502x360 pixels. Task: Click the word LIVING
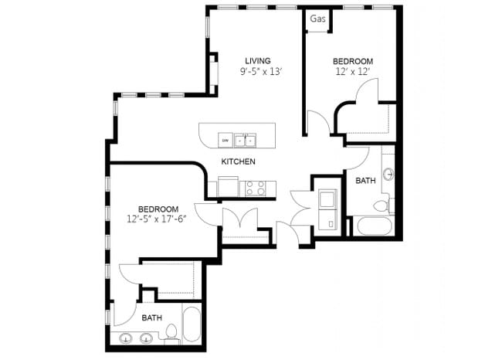click(x=258, y=61)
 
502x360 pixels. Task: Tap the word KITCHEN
click(x=238, y=161)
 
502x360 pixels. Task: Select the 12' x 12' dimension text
click(x=352, y=72)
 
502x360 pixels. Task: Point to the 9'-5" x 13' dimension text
click(x=257, y=72)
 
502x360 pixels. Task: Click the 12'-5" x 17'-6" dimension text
click(x=158, y=219)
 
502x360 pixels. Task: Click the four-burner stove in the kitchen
click(x=256, y=187)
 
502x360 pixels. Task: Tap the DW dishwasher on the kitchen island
click(x=226, y=140)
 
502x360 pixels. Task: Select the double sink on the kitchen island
click(x=246, y=140)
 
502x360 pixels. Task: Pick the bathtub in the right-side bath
click(x=375, y=226)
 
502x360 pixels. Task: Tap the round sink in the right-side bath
click(x=388, y=172)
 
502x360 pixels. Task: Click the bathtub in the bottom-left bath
click(x=192, y=325)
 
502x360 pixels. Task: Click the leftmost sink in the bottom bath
click(x=127, y=338)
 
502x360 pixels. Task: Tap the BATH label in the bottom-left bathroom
click(x=151, y=318)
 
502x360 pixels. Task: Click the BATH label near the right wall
click(x=365, y=180)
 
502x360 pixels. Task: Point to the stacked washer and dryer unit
click(x=327, y=207)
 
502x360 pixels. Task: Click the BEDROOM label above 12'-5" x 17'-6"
click(x=158, y=209)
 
